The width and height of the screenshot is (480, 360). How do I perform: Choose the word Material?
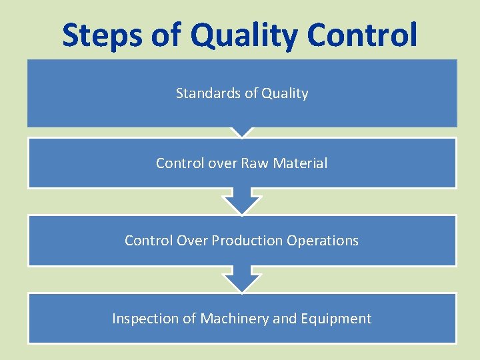coord(302,163)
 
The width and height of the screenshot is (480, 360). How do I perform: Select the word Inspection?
coord(146,319)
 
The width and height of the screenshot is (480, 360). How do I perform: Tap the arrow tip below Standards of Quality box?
coord(241,132)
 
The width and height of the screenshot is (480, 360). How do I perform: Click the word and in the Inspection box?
coord(285,319)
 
